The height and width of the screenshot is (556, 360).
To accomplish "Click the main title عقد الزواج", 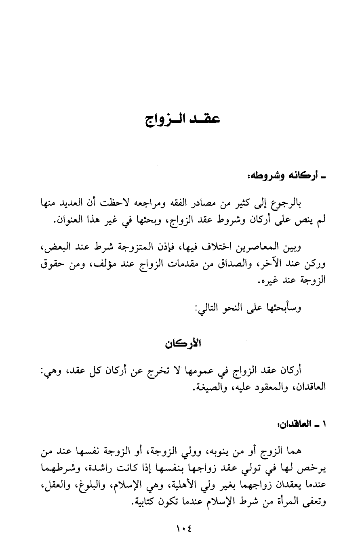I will (x=180, y=121).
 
